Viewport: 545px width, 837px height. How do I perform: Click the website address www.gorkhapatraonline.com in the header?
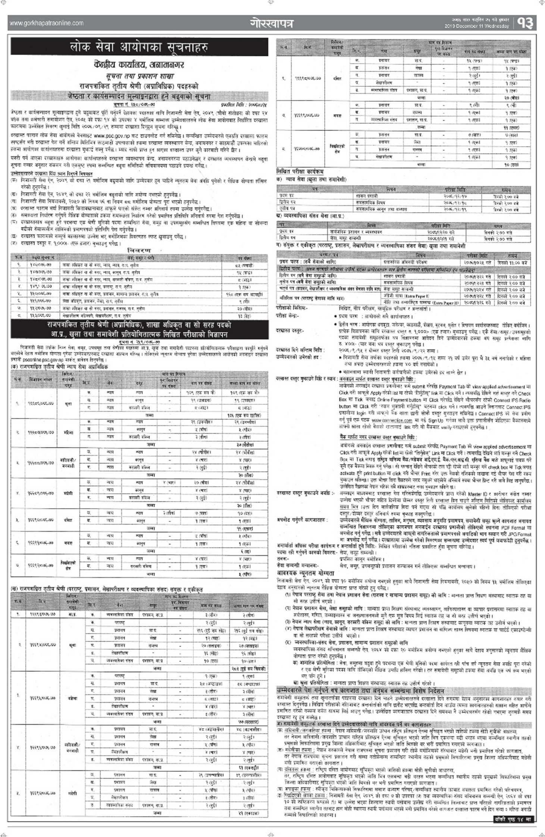[x=47, y=23]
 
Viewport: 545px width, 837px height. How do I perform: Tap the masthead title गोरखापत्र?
[x=272, y=23]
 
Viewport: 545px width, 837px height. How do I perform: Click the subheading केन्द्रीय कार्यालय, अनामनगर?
[x=139, y=65]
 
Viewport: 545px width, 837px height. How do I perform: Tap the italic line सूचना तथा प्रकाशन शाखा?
[x=140, y=76]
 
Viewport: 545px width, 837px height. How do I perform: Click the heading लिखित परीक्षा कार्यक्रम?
[x=300, y=171]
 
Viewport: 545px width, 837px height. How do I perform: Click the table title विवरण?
[x=139, y=251]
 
